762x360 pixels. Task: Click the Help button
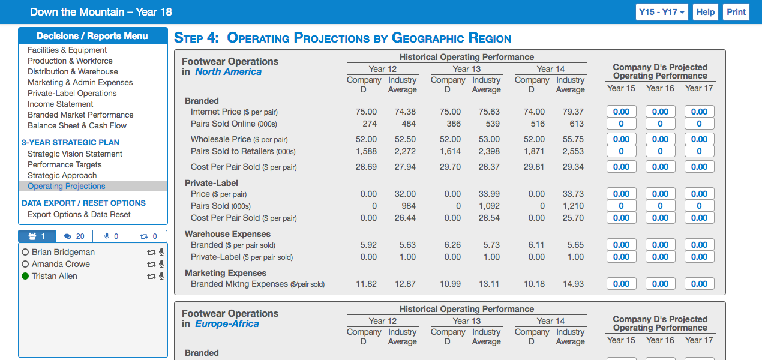pos(706,12)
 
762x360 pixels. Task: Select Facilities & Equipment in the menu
pos(67,50)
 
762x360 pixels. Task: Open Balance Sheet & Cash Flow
pos(77,125)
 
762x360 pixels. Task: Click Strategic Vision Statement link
pos(75,154)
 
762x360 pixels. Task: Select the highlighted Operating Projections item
pos(66,186)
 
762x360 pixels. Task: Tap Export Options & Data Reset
pos(79,214)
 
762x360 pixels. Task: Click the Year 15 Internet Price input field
pos(621,112)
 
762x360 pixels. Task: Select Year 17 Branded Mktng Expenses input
pos(699,284)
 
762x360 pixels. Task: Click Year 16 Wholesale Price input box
pos(660,139)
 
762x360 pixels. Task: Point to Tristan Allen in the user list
pos(54,276)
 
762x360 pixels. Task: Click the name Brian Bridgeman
pos(63,252)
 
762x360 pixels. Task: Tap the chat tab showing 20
pos(74,236)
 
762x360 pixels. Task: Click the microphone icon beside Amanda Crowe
pos(161,264)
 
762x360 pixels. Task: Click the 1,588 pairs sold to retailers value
pos(366,151)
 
